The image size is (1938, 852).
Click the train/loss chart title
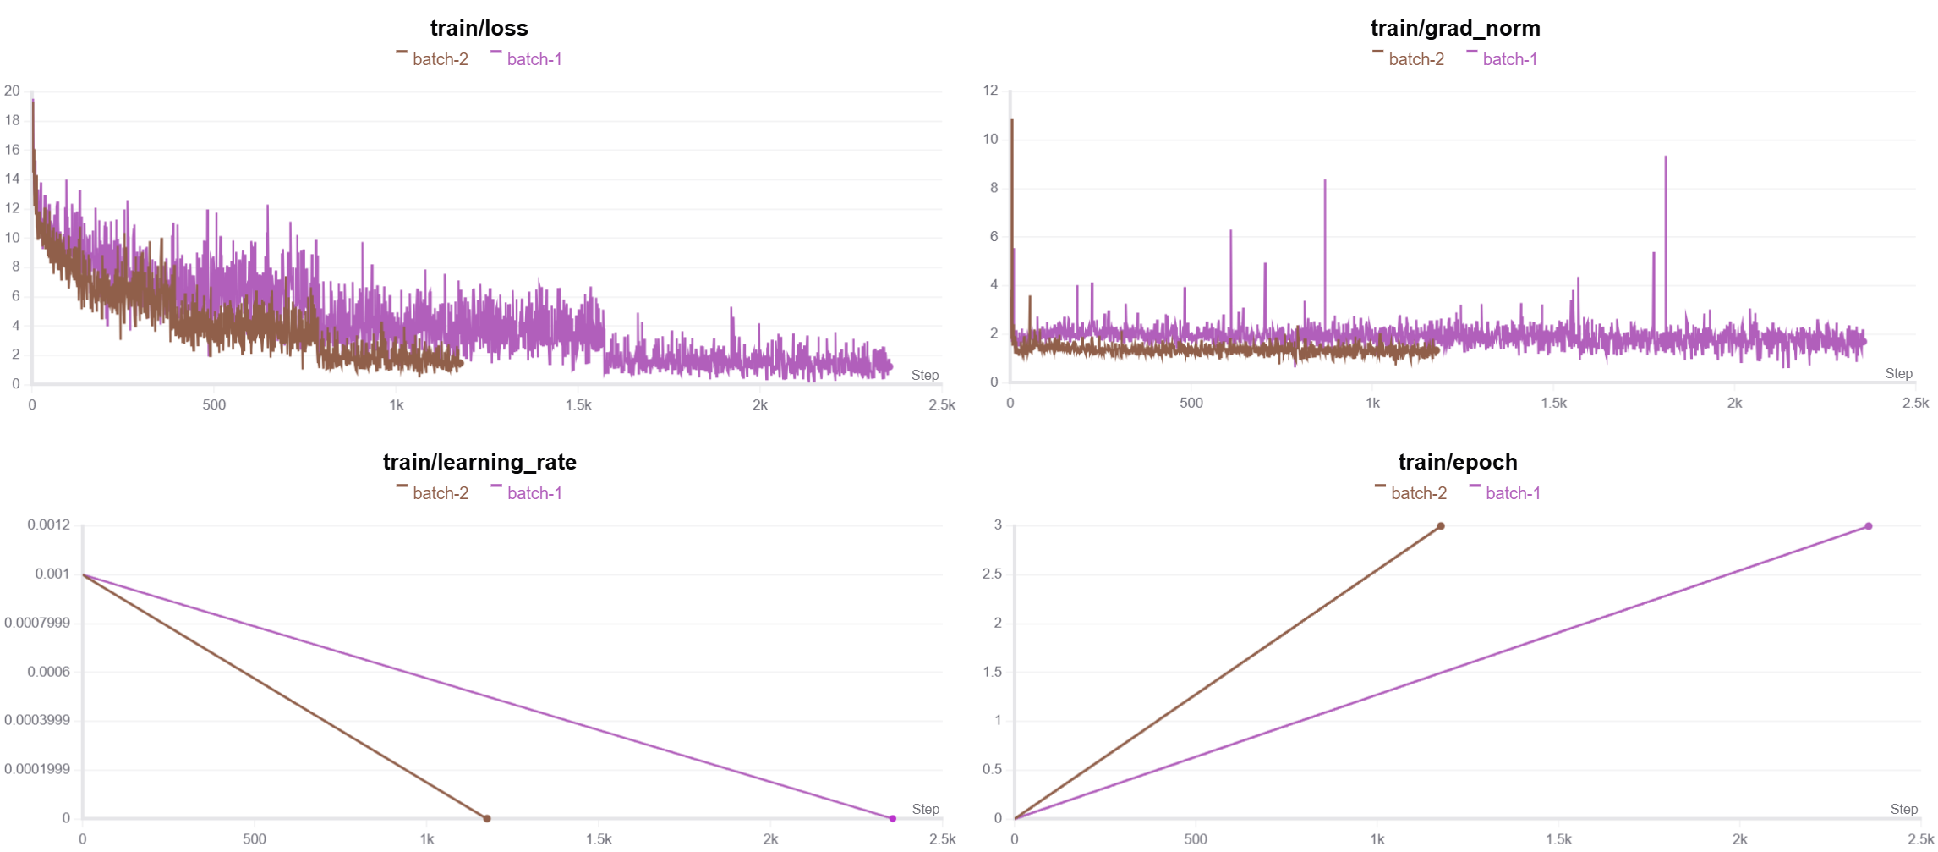(479, 28)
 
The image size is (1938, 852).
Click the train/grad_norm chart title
(1454, 28)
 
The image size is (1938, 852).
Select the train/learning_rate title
(479, 462)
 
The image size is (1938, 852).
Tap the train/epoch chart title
(1457, 462)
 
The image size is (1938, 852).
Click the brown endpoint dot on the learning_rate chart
(487, 818)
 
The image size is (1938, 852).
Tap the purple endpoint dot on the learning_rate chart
(892, 818)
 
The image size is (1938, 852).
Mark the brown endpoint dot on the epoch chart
(1441, 526)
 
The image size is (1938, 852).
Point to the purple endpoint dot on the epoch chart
(1869, 526)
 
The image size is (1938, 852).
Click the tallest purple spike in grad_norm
(1666, 158)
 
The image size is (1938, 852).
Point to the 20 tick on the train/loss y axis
(12, 91)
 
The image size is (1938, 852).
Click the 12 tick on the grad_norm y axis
(990, 90)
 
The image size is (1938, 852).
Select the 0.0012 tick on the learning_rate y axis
(48, 525)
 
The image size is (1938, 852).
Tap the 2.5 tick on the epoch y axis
(992, 574)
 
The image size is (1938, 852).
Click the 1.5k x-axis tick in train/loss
(578, 404)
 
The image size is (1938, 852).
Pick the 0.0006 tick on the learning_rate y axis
(48, 672)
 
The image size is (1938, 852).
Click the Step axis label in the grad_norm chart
(1898, 373)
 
